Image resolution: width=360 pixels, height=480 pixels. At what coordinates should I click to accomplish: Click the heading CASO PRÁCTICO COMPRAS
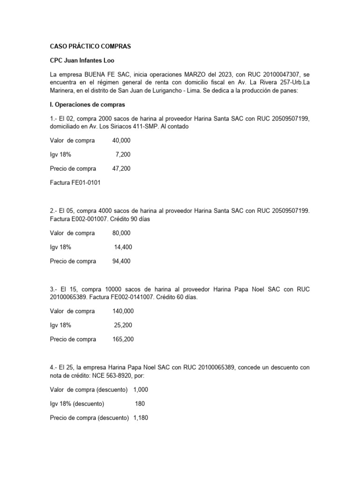(x=90, y=47)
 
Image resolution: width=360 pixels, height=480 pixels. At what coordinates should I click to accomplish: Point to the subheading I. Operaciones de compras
(x=87, y=105)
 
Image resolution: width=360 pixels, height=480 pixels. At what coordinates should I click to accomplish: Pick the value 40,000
(x=122, y=141)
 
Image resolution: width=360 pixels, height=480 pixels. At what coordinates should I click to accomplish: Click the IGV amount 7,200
(x=123, y=155)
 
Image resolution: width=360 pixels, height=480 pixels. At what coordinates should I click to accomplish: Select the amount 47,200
(x=122, y=168)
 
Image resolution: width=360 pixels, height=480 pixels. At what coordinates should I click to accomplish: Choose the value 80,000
(x=122, y=233)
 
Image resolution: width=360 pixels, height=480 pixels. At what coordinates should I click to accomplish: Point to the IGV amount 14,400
(x=123, y=247)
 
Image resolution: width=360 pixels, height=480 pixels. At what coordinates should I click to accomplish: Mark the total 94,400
(x=122, y=261)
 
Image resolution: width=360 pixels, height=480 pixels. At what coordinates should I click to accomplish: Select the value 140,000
(x=123, y=311)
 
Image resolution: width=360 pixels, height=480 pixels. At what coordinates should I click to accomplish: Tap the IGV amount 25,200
(x=123, y=325)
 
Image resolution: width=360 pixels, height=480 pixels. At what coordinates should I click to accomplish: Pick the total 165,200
(x=123, y=339)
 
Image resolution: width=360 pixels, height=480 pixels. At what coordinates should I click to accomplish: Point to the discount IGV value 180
(x=140, y=404)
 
